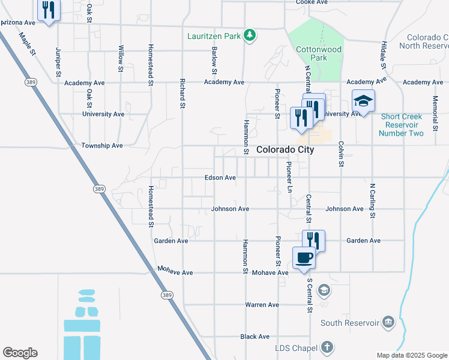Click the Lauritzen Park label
(214, 37)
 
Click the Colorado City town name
(285, 150)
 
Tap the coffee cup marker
(304, 259)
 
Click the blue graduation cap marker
(363, 101)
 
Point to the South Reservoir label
(350, 323)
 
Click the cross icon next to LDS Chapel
(327, 347)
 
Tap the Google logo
(20, 353)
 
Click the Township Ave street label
(102, 145)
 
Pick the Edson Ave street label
(220, 178)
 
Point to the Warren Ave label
(262, 305)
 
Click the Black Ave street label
(255, 337)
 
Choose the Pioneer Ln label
(289, 177)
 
